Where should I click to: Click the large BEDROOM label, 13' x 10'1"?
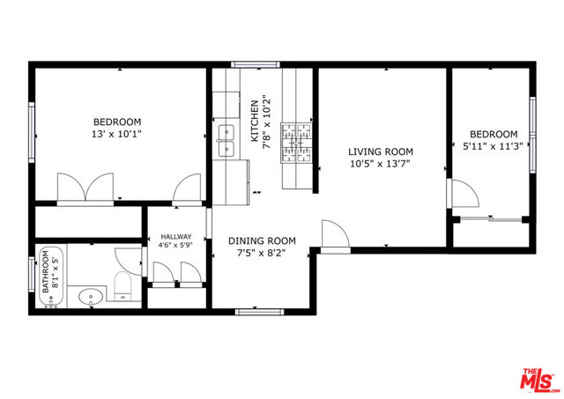point(117,122)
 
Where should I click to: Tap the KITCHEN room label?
point(255,121)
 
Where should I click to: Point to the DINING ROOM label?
point(262,240)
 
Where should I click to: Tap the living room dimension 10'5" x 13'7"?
point(380,163)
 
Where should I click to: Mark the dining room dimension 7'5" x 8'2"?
point(262,254)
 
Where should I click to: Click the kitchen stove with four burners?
point(297,141)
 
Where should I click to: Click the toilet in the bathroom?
point(122,285)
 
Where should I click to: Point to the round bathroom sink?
point(90,298)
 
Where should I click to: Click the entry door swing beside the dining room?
point(333,235)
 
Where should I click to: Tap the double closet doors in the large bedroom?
point(84,188)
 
